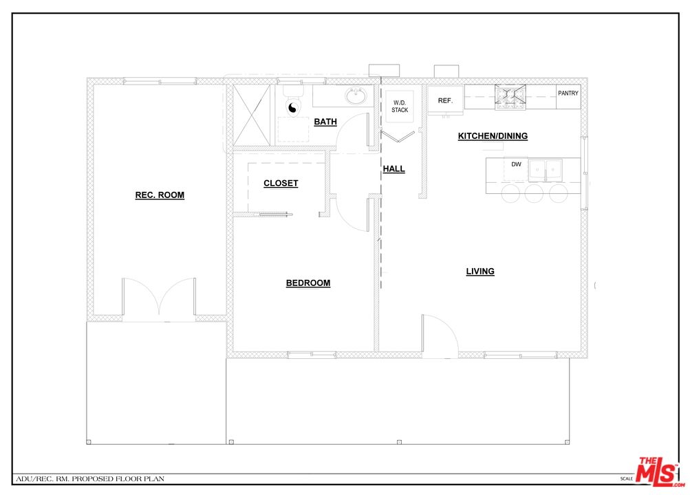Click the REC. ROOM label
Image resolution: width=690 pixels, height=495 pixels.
[x=160, y=195]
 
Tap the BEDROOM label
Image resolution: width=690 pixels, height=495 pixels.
[x=308, y=283]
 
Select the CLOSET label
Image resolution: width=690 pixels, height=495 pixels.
[x=281, y=184]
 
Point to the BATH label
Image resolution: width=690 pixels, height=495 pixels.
[x=325, y=122]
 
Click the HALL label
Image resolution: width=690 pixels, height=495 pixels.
[x=394, y=169]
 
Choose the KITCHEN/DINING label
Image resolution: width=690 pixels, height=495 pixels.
[x=493, y=136]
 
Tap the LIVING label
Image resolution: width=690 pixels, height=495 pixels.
[x=480, y=272]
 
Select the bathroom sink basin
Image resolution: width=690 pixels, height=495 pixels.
[x=356, y=97]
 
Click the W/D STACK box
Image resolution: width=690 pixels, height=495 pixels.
[x=400, y=106]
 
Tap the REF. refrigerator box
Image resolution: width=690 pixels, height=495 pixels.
[x=445, y=101]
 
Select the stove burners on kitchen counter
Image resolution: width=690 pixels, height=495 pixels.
[x=511, y=98]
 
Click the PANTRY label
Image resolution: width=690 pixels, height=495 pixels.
[x=568, y=93]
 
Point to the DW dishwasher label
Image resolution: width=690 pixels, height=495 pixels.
[x=516, y=164]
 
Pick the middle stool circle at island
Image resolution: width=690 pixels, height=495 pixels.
[x=535, y=193]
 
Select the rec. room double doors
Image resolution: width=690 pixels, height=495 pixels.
[x=160, y=298]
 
